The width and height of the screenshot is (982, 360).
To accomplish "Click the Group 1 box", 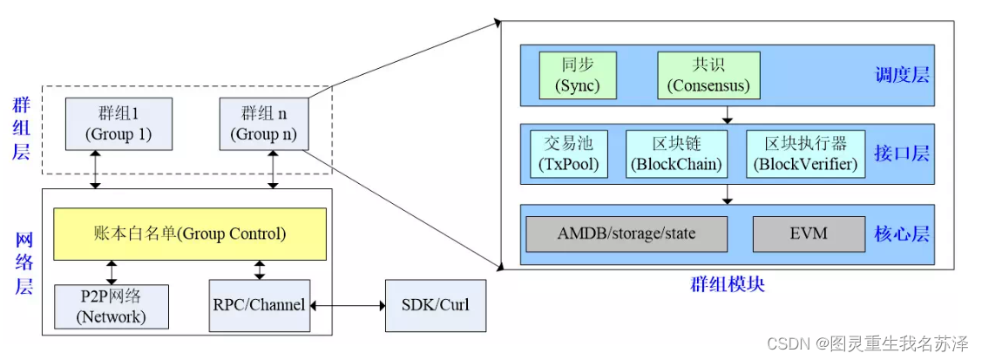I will pyautogui.click(x=119, y=124).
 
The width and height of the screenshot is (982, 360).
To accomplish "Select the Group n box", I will pyautogui.click(x=263, y=124).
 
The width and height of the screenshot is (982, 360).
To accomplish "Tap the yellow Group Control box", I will pyautogui.click(x=190, y=234).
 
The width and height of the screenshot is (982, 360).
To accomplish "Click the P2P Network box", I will pyautogui.click(x=112, y=306).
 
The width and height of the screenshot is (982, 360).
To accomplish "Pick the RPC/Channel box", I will pyautogui.click(x=259, y=306).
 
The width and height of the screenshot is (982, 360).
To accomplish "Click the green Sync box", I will pyautogui.click(x=578, y=75).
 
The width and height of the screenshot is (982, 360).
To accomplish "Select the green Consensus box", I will pyautogui.click(x=708, y=75).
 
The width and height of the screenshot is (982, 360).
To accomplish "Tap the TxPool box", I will pyautogui.click(x=572, y=153).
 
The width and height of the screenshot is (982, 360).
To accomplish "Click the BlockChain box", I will pyautogui.click(x=675, y=153).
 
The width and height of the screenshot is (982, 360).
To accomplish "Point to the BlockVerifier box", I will pyautogui.click(x=805, y=153).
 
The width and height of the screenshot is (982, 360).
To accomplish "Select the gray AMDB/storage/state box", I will pyautogui.click(x=626, y=234).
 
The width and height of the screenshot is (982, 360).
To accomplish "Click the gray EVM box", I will pyautogui.click(x=796, y=234).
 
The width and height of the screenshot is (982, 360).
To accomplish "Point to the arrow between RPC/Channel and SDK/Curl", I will pyautogui.click(x=348, y=306).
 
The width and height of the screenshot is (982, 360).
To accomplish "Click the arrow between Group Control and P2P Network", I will pyautogui.click(x=112, y=271).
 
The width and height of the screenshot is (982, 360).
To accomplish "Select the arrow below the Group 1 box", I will pyautogui.click(x=96, y=169).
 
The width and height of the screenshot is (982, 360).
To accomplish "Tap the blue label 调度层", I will pyautogui.click(x=902, y=75).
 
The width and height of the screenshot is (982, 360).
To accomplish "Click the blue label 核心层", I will pyautogui.click(x=902, y=234).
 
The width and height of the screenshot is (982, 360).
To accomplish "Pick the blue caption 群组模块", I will pyautogui.click(x=727, y=284).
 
